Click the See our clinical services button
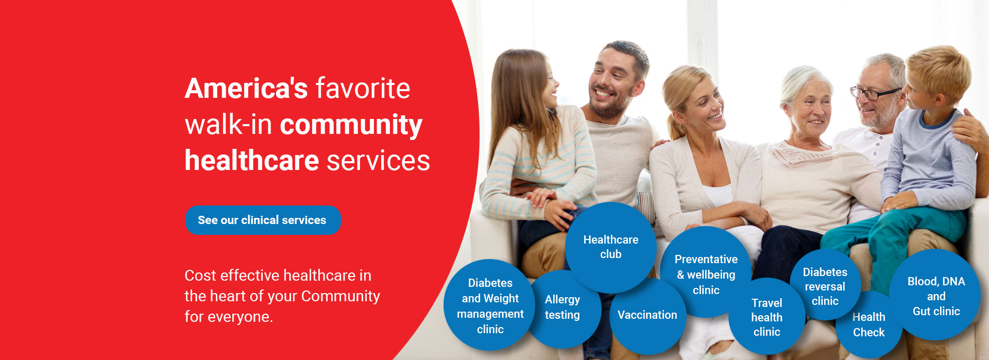pos(263,220)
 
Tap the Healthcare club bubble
pos(610,247)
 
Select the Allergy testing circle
pos(562,307)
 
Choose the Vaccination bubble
pos(647,315)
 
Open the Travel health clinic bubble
pos(766,317)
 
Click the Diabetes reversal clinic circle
pos(825,286)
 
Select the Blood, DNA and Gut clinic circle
pos(936,296)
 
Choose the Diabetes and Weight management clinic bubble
pos(490,305)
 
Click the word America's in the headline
pos(246,89)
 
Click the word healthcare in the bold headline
pos(252,160)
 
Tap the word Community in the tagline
pos(340,296)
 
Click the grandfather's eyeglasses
pos(875,93)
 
